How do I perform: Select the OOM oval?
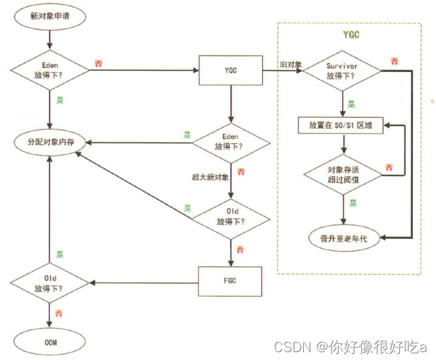(x=50, y=344)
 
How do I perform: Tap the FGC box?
(x=230, y=282)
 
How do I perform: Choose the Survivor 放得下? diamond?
(x=343, y=71)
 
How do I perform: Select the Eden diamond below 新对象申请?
(x=50, y=71)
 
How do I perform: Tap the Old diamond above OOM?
(x=50, y=282)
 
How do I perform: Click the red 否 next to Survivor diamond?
(x=394, y=62)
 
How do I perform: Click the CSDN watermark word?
(x=292, y=346)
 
